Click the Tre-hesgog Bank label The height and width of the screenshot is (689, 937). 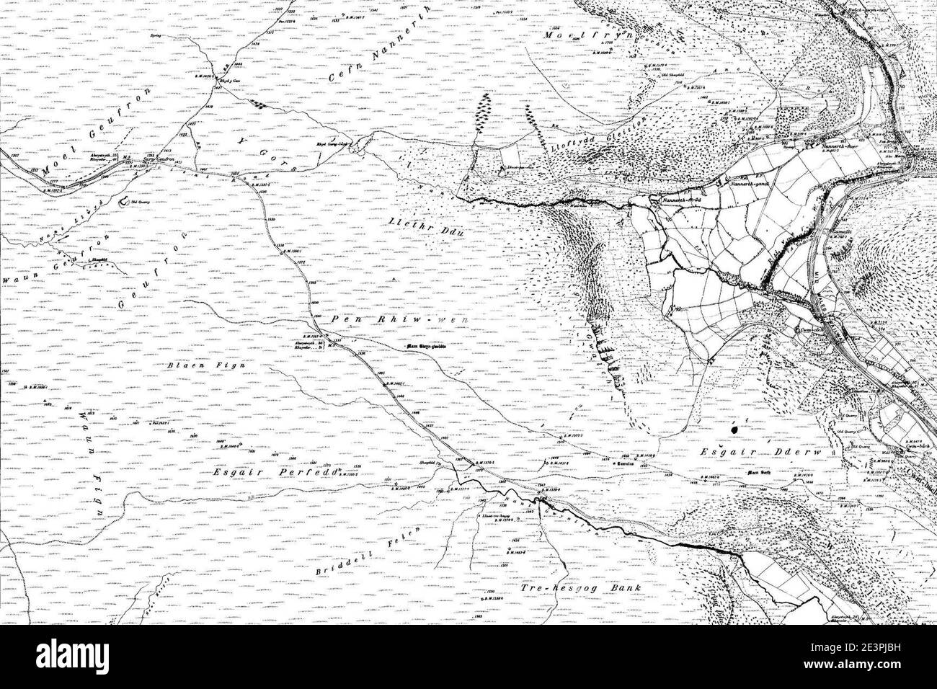[x=580, y=587]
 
